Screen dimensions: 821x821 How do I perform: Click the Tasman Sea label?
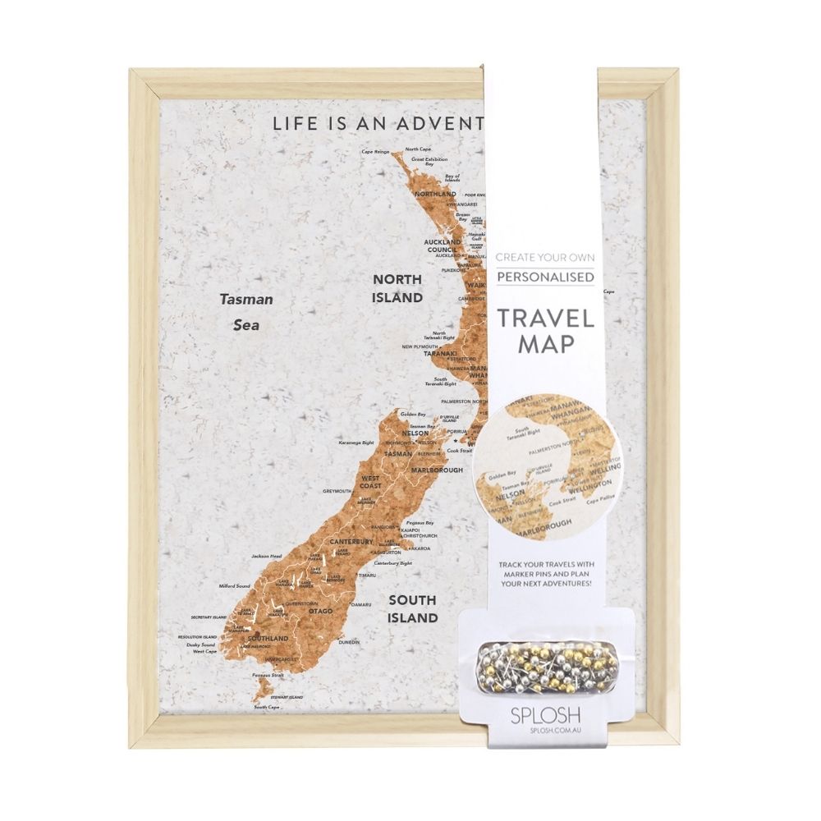[246, 312]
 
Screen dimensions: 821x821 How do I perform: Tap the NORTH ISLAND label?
[397, 287]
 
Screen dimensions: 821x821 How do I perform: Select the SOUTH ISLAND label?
[413, 608]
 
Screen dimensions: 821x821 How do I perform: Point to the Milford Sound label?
[211, 586]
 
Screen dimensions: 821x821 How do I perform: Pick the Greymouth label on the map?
[337, 491]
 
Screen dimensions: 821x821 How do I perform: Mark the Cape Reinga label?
[375, 152]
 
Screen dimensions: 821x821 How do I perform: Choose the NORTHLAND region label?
[435, 194]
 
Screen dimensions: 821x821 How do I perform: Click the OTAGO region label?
[321, 612]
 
